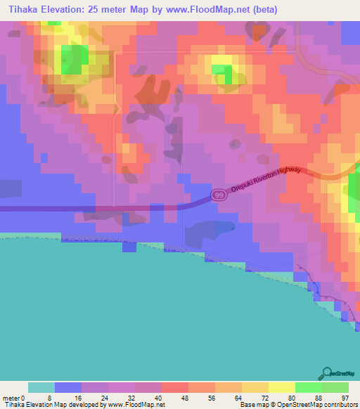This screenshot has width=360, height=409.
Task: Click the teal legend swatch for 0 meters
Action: pyautogui.click(x=41, y=387)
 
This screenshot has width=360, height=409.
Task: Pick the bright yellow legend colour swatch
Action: pyautogui.click(x=281, y=387)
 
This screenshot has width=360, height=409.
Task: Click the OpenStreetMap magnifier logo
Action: pyautogui.click(x=326, y=373)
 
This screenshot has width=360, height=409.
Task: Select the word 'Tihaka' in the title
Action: pyautogui.click(x=20, y=10)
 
